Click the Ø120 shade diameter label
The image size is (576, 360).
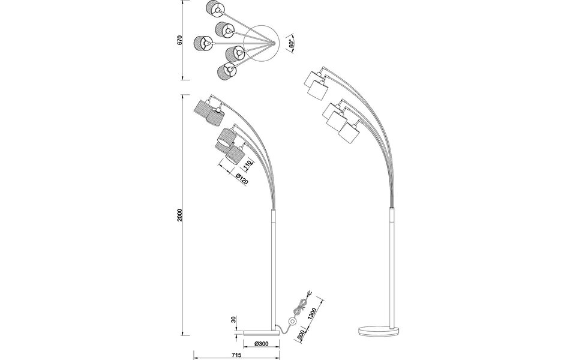pyautogui.click(x=239, y=178)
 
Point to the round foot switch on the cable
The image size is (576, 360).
pyautogui.click(x=291, y=322)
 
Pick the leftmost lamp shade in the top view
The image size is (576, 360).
pyautogui.click(x=202, y=44)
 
